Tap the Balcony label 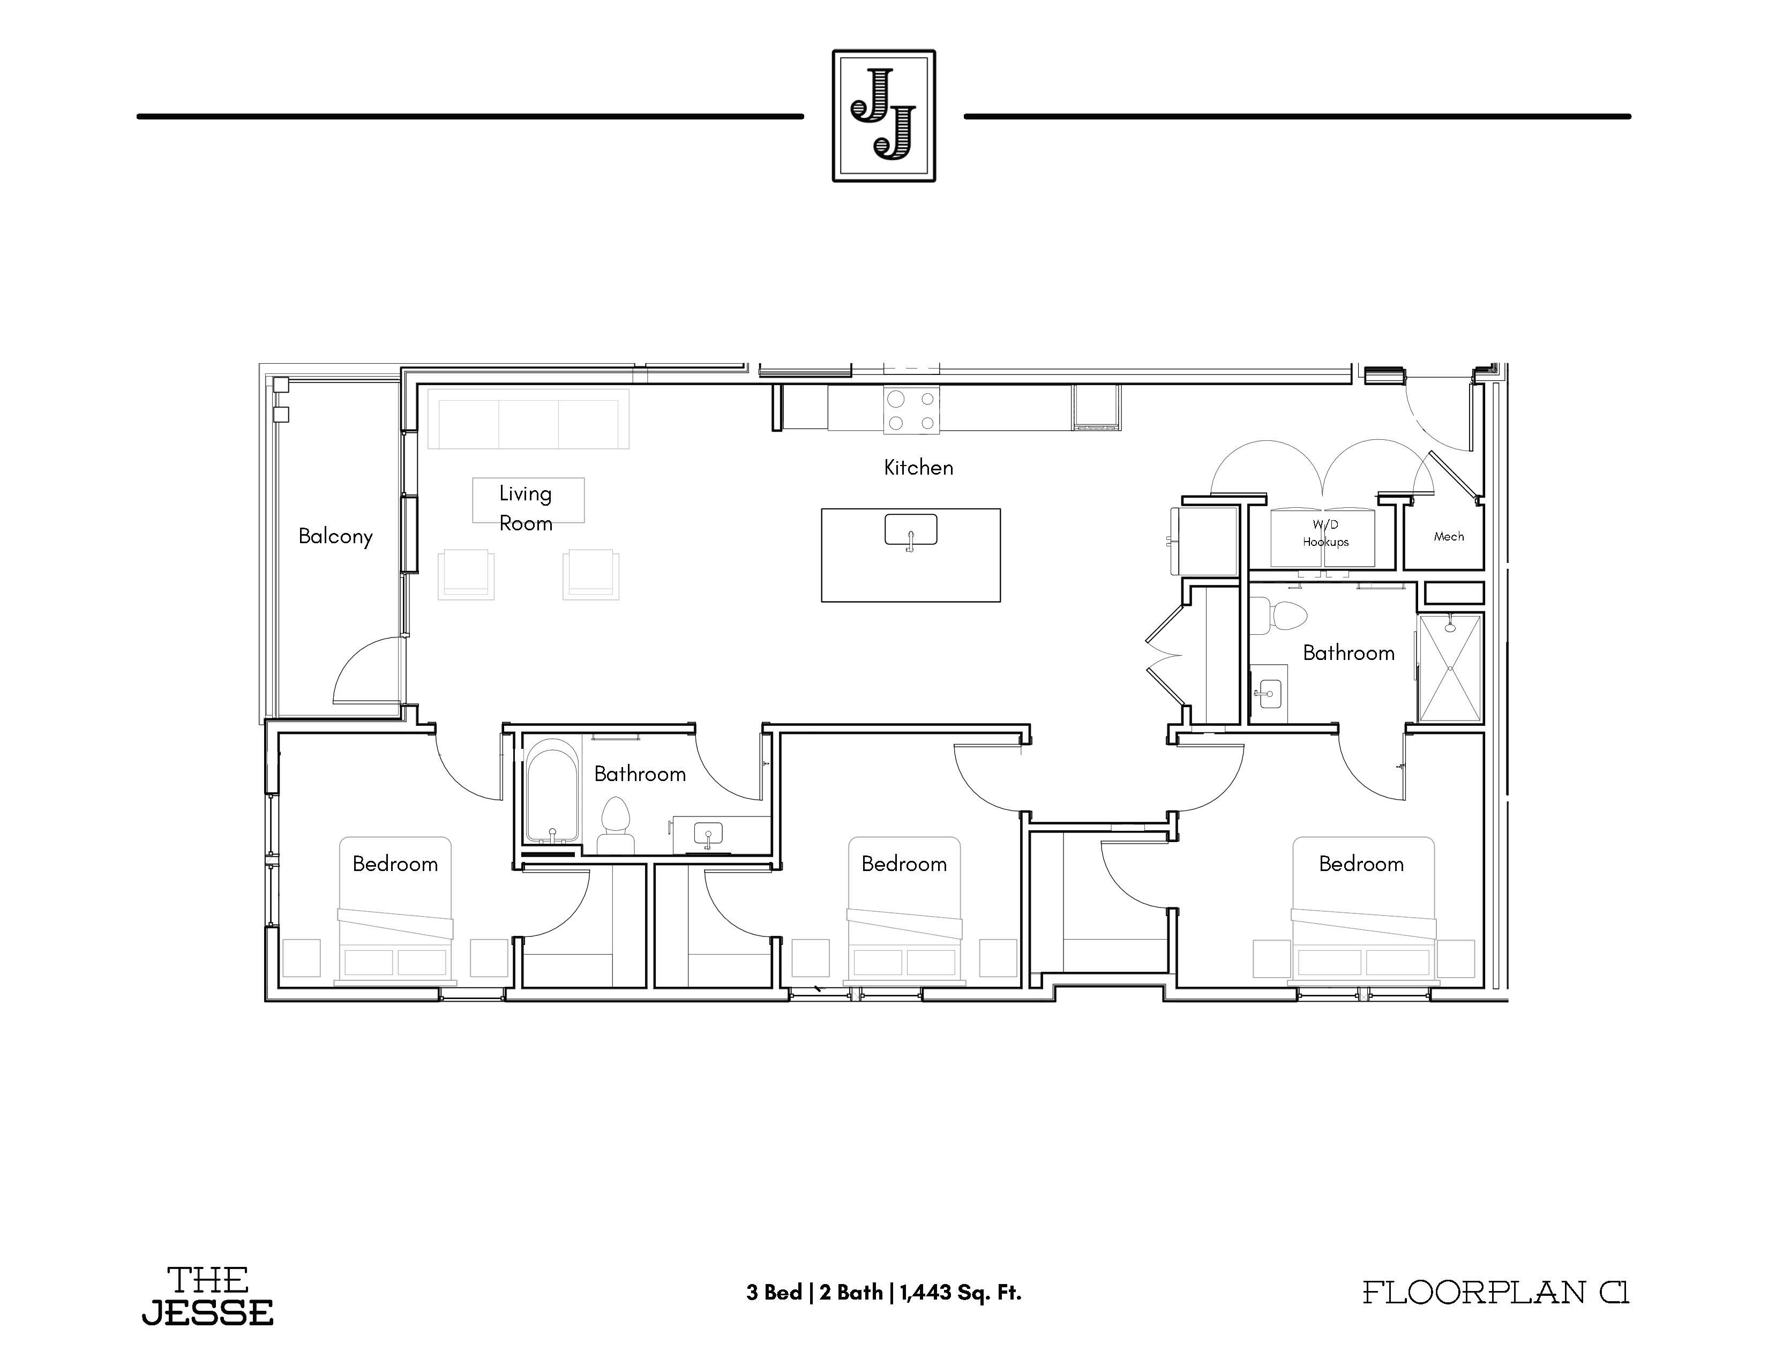(335, 537)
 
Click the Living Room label (526, 508)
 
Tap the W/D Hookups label (1325, 534)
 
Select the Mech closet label (1448, 537)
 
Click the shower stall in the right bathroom (1449, 667)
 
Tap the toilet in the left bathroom (616, 824)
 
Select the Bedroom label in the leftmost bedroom (395, 864)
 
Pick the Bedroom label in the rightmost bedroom (1361, 864)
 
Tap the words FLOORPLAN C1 (1496, 1293)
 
